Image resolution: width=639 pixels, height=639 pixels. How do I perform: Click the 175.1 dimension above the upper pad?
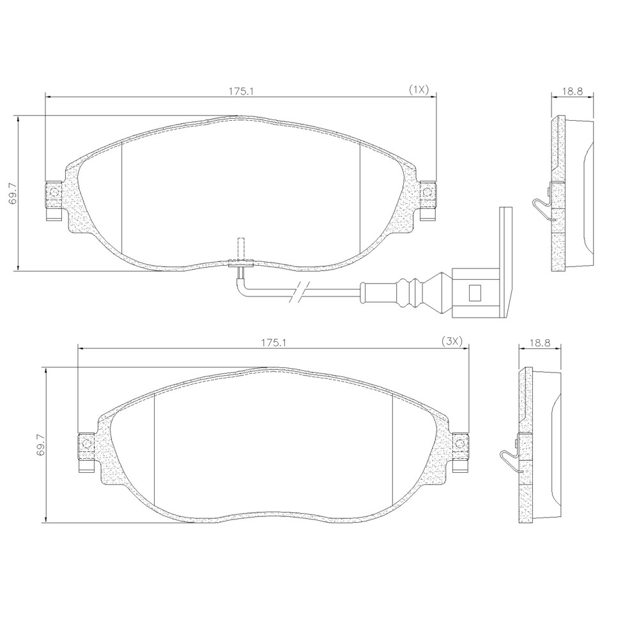(x=240, y=91)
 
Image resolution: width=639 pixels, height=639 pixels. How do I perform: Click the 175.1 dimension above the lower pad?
(x=274, y=343)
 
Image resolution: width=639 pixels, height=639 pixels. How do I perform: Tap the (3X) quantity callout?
(x=452, y=342)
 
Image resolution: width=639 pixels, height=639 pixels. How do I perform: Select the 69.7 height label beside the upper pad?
(x=13, y=193)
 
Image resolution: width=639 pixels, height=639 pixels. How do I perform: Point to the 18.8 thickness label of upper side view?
(x=572, y=91)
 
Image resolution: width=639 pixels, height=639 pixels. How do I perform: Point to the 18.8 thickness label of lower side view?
(x=539, y=343)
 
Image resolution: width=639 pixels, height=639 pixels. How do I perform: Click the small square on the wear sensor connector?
(x=475, y=292)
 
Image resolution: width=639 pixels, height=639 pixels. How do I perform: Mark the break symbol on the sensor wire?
(x=300, y=292)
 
